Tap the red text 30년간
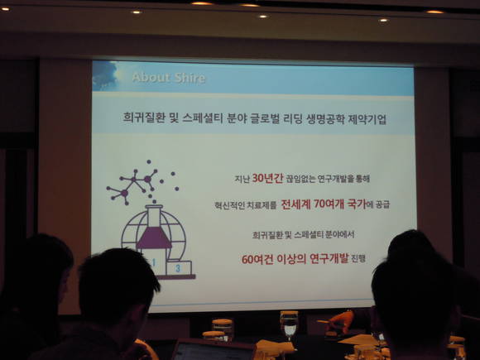267,178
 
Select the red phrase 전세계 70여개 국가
324,204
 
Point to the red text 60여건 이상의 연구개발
295,259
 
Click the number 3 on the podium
178,268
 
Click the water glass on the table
289,325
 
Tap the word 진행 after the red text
358,259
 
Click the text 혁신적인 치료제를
246,205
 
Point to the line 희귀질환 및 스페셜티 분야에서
304,235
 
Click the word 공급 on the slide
382,204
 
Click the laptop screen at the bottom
214,352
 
